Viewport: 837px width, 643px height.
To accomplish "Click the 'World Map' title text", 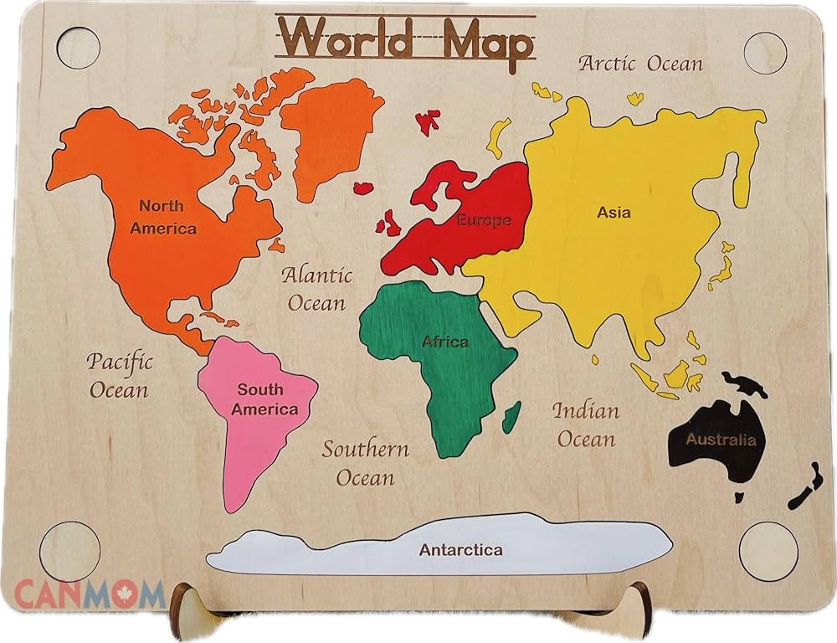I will (x=404, y=38).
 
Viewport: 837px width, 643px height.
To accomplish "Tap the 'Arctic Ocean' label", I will (x=641, y=63).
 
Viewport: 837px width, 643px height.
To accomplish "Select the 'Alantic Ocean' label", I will (x=316, y=288).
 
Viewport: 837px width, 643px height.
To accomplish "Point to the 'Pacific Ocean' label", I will (x=119, y=375).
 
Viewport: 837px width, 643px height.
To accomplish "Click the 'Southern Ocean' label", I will (x=366, y=462).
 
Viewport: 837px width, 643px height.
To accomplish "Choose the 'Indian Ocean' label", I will (x=586, y=424).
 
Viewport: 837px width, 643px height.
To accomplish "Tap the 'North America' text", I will (x=163, y=216).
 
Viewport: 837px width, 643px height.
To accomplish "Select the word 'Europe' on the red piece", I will (x=484, y=220).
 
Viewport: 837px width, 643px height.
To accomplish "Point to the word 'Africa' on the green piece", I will (x=445, y=342).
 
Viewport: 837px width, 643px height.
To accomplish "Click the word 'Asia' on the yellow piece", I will (x=614, y=213).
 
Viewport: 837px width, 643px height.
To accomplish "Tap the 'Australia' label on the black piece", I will (x=721, y=440).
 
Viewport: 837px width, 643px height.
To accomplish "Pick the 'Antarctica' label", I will (x=461, y=550).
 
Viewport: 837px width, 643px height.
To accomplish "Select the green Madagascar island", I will (x=511, y=416).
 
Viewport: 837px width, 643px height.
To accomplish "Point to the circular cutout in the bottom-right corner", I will (x=768, y=549).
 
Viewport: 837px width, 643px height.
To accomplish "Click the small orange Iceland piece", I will (x=362, y=188).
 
